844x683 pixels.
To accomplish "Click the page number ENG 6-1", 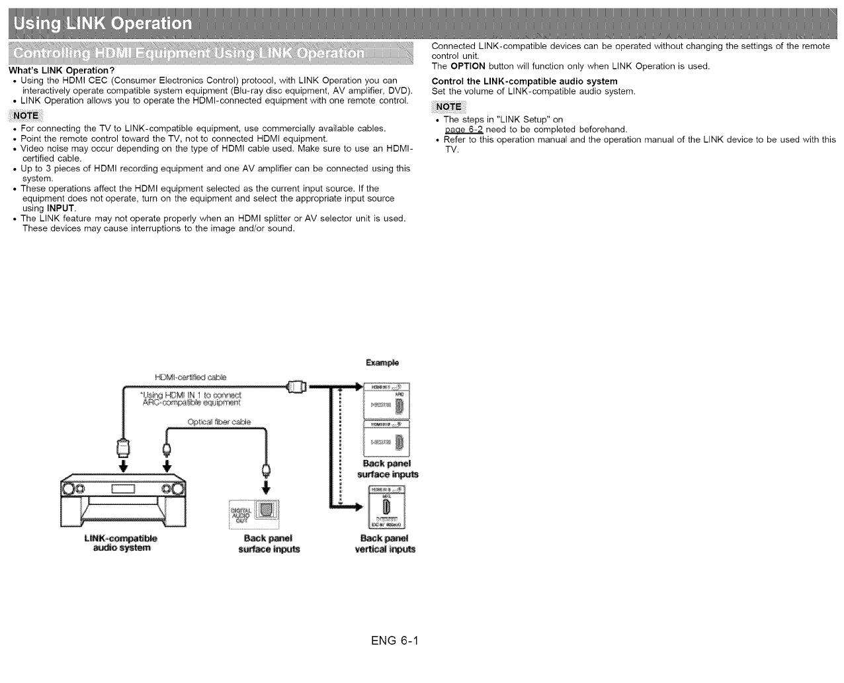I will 396,641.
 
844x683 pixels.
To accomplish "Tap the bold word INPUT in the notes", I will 60,208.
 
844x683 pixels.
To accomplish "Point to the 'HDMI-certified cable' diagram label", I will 190,377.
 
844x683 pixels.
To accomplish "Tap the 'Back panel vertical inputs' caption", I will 385,543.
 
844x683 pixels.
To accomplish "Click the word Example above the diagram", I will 382,363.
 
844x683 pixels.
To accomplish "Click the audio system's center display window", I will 123,489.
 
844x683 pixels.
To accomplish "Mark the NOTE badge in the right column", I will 448,107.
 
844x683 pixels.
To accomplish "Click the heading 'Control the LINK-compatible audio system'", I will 524,81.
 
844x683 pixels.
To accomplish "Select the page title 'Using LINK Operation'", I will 103,24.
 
